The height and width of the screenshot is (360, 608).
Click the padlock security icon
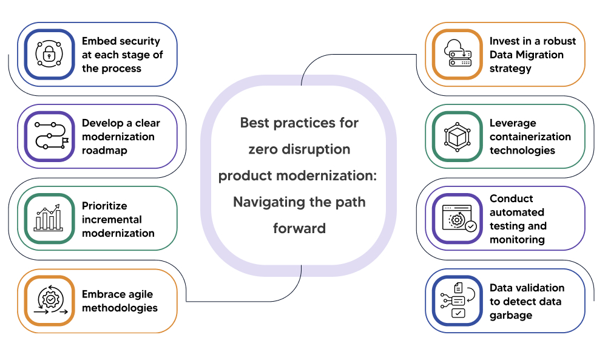click(x=49, y=54)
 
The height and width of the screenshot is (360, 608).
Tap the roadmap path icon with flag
click(x=49, y=136)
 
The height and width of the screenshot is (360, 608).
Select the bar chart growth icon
click(x=49, y=219)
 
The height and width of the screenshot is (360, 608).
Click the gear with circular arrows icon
click(x=49, y=301)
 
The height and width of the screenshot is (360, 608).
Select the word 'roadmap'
click(x=104, y=151)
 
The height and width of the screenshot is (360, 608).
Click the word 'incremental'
click(x=112, y=219)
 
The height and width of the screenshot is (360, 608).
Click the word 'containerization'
click(x=530, y=137)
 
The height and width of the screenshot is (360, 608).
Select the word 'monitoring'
click(x=517, y=239)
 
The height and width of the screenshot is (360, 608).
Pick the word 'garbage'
click(x=510, y=315)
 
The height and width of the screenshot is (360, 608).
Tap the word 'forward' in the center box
click(x=299, y=228)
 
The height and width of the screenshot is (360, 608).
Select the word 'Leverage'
click(x=513, y=123)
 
